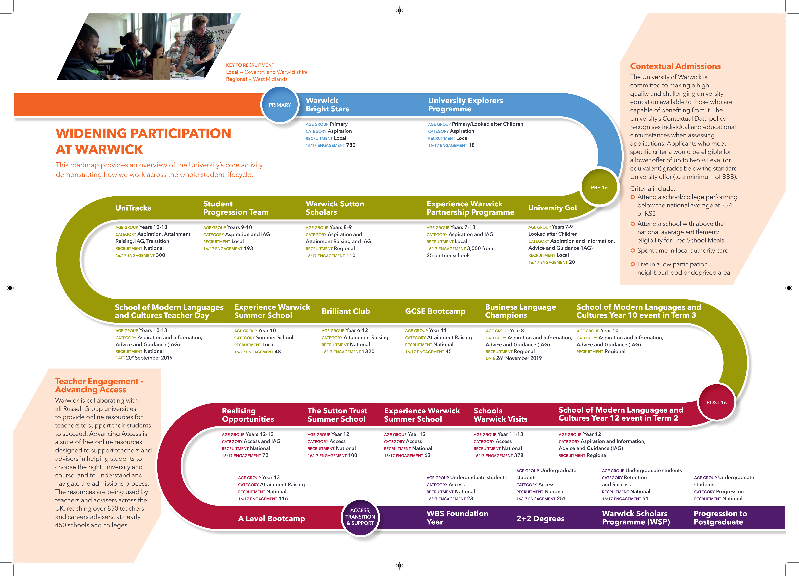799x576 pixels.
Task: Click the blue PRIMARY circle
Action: [x=280, y=105]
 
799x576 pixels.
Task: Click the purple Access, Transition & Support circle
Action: [x=360, y=517]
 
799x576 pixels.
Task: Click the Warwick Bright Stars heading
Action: [x=327, y=105]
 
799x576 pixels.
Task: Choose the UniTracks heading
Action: [x=133, y=208]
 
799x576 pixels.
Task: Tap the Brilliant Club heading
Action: [x=346, y=311]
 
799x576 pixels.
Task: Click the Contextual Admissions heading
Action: [x=675, y=66]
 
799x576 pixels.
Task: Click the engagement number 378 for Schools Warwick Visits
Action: [x=519, y=456]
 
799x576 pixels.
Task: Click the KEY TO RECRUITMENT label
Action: [x=250, y=65]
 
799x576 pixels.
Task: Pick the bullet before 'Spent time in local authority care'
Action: [x=633, y=250]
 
